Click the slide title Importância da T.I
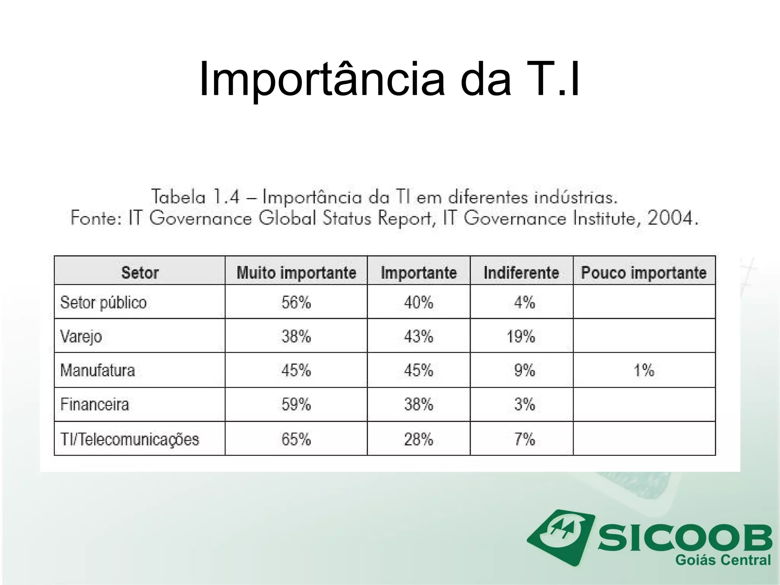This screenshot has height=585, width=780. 389,80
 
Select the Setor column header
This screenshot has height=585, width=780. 140,273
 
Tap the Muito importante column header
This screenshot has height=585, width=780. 296,273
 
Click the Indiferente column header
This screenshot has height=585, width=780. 521,273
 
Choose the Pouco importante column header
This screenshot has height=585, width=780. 644,273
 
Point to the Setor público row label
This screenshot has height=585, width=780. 103,302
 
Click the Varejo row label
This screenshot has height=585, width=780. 81,337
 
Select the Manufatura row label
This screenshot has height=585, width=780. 97,370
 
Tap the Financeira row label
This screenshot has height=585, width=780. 95,404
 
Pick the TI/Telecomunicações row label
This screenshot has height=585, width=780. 129,439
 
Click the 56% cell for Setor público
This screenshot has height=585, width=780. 296,302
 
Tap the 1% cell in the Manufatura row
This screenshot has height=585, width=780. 644,370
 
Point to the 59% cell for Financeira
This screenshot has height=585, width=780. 296,404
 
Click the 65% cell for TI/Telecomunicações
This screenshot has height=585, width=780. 296,439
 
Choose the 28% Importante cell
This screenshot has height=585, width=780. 419,439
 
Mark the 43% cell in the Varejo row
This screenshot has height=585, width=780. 419,337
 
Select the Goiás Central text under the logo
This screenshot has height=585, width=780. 722,560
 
